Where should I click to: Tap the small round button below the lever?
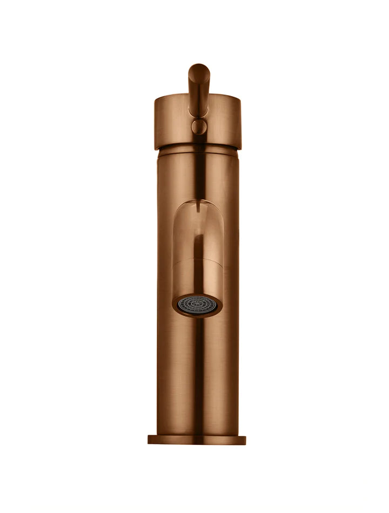[199, 127]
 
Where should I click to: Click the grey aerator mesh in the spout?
[197, 304]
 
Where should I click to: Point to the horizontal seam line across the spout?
[198, 260]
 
